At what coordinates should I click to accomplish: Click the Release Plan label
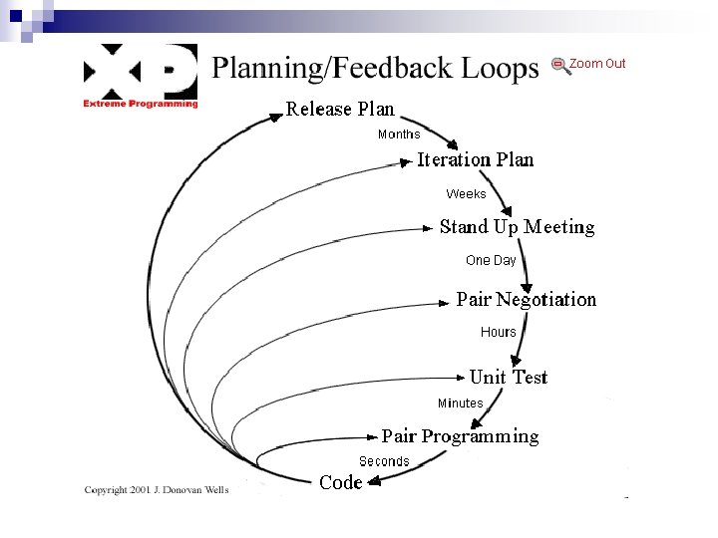[x=340, y=110]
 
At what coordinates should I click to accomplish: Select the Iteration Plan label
[x=475, y=159]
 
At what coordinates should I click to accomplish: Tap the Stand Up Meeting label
[x=517, y=227]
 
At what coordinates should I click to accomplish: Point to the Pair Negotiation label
[x=526, y=300]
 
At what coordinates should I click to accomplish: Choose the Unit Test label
[x=508, y=377]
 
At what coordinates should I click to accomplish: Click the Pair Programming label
[x=460, y=436]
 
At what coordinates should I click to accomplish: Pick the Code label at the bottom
[x=340, y=483]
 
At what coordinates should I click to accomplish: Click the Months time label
[x=399, y=134]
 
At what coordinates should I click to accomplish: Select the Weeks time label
[x=466, y=194]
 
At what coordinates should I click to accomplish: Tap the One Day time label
[x=491, y=261]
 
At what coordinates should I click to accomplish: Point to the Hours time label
[x=499, y=332]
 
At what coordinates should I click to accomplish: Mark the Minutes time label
[x=460, y=403]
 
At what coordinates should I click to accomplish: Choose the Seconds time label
[x=384, y=461]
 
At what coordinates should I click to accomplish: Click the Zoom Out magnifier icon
[x=560, y=66]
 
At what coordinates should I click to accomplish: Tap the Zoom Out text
[x=597, y=64]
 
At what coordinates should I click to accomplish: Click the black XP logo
[x=140, y=71]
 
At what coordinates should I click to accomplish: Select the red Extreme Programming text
[x=141, y=104]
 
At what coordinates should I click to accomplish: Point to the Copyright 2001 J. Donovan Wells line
[x=157, y=490]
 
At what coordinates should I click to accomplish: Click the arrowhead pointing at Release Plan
[x=276, y=118]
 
